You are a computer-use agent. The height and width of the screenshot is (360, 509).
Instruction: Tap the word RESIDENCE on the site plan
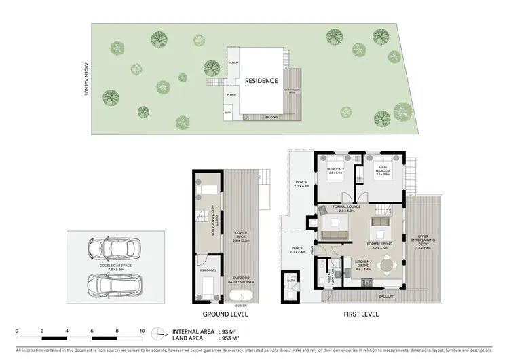click(261, 81)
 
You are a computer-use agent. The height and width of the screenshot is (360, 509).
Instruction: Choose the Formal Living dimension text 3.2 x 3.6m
click(377, 247)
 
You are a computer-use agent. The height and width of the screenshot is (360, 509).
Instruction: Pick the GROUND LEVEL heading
click(225, 315)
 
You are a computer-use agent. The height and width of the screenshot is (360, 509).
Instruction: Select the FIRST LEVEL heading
click(356, 315)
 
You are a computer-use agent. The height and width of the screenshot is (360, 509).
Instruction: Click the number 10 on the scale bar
click(143, 331)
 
